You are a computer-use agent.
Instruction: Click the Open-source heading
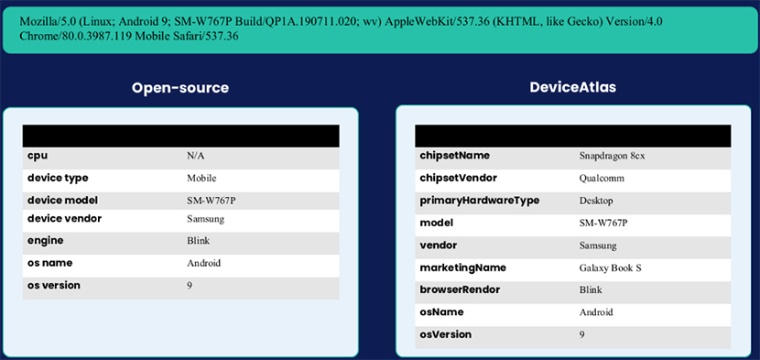[179, 88]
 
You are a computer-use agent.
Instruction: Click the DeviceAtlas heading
[572, 88]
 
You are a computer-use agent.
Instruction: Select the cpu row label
[38, 156]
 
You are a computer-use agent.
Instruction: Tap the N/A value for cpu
[195, 157]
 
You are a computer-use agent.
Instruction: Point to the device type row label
[58, 178]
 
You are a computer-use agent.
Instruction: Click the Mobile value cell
[201, 179]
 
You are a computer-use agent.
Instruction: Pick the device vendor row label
[64, 219]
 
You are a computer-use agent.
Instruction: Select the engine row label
[46, 241]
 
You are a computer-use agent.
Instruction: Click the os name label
[51, 263]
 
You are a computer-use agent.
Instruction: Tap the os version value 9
[190, 286]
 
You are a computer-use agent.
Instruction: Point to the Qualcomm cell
[602, 179]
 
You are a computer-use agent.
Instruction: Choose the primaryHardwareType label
[479, 201]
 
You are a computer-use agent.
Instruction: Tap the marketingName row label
[462, 267]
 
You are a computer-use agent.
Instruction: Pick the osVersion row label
[446, 334]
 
